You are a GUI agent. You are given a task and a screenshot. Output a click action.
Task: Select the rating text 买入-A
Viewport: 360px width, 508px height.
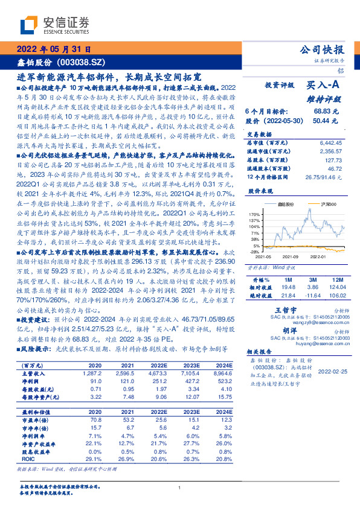(324, 86)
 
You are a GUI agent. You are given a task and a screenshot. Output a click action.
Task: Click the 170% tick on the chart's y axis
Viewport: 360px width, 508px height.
(254, 214)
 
